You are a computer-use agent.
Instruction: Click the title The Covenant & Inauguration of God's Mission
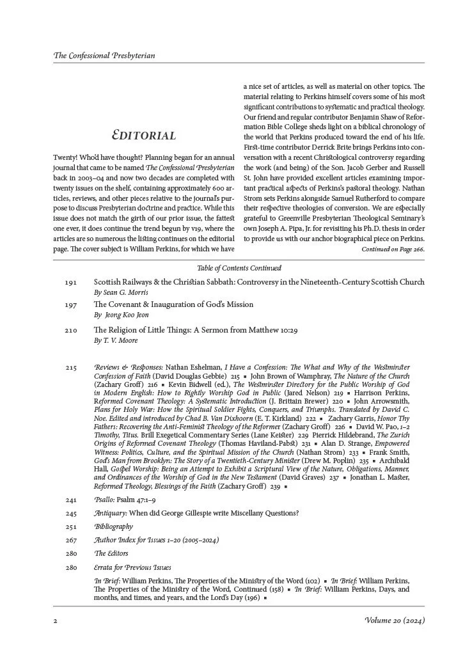pyautogui.click(x=173, y=304)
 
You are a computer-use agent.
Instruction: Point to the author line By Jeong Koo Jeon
pyautogui.click(x=122, y=315)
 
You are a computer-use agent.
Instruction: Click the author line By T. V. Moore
pyautogui.click(x=116, y=341)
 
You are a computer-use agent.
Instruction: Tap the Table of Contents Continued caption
pyautogui.click(x=236, y=268)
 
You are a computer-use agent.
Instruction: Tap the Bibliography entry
pyautogui.click(x=113, y=526)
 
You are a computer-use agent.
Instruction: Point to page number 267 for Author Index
pyautogui.click(x=70, y=541)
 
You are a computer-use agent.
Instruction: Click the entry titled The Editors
pyautogui.click(x=111, y=553)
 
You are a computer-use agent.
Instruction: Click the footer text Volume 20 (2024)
pyautogui.click(x=394, y=620)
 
